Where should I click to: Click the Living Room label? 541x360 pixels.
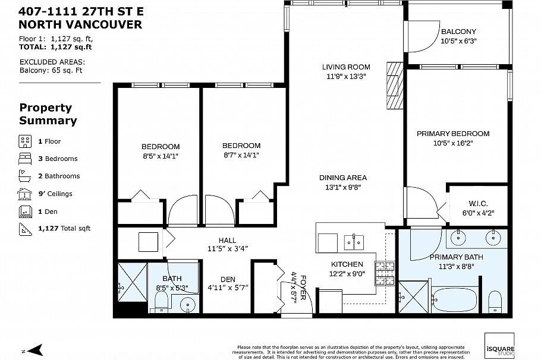(x=346, y=67)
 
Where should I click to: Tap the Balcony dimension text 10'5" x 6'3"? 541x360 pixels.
(x=458, y=41)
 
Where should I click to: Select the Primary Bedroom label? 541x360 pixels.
(x=452, y=134)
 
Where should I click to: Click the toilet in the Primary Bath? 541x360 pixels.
(x=495, y=302)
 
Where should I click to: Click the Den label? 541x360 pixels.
(x=228, y=279)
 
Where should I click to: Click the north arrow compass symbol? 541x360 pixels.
(x=35, y=350)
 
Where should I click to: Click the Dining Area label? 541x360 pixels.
(x=342, y=178)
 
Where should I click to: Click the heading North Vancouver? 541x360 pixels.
(x=80, y=25)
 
